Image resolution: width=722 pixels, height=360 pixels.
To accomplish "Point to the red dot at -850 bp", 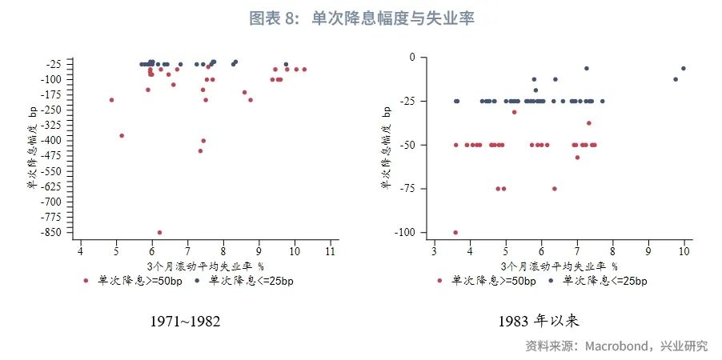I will coord(160,232).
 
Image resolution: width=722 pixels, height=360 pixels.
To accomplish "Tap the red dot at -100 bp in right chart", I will coord(455,232).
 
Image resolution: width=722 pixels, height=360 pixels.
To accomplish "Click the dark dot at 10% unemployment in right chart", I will coord(683,68).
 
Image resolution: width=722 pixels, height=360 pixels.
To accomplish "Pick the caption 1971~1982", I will coord(185,322).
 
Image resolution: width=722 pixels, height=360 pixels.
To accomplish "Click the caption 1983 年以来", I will coord(538,322).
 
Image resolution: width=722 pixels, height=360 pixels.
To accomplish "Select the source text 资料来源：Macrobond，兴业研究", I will coord(616,346).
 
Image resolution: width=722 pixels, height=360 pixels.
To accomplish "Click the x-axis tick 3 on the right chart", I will coord(434,252).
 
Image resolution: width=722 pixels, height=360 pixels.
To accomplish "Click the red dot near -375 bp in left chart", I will coord(122,135).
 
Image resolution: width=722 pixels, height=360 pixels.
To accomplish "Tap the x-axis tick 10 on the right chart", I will coord(684,252).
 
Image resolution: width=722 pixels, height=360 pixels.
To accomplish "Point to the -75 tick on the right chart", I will coord(415,189).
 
